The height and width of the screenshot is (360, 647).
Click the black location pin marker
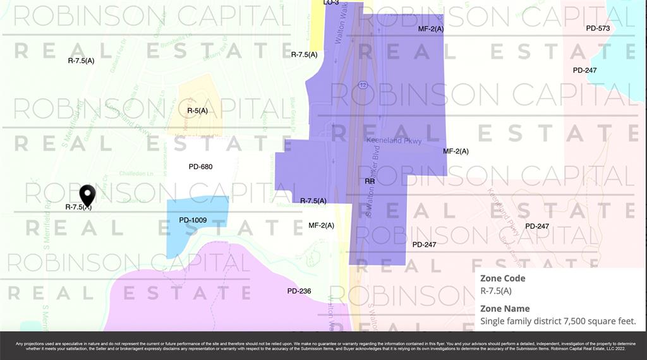(x=87, y=195)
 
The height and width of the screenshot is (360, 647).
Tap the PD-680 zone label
(x=200, y=167)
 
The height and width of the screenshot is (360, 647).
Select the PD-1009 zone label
(x=193, y=220)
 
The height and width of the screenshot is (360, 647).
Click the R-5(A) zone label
(x=197, y=111)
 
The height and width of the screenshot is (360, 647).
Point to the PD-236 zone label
(x=299, y=291)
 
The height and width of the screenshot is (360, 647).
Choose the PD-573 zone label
(x=598, y=28)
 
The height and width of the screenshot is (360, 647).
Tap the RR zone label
(x=370, y=181)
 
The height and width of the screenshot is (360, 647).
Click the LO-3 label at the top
(x=331, y=3)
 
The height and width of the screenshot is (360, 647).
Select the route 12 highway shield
(x=363, y=85)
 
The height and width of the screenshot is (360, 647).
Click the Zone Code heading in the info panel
(x=502, y=278)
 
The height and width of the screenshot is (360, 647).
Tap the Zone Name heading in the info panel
(x=505, y=308)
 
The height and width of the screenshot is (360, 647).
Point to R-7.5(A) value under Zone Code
(x=496, y=291)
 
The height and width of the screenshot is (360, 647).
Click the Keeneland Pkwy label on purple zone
(x=394, y=141)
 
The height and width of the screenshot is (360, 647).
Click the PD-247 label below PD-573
(x=584, y=70)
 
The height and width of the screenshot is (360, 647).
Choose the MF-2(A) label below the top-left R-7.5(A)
(x=321, y=225)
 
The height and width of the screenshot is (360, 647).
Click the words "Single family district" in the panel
(x=519, y=321)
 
